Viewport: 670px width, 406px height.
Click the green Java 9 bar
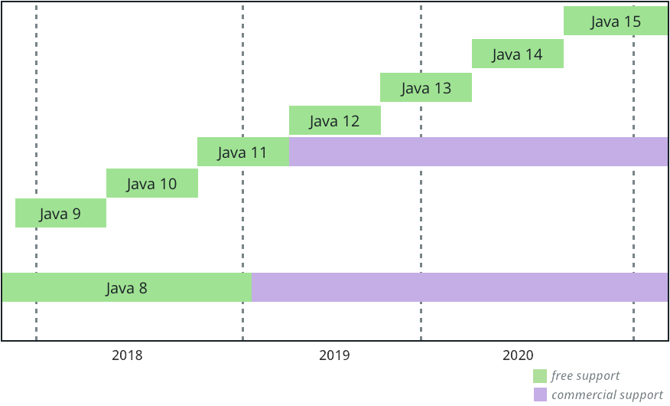pyautogui.click(x=60, y=213)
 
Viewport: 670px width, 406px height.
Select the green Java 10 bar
pyautogui.click(x=151, y=184)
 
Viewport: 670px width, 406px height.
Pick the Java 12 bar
pyautogui.click(x=334, y=120)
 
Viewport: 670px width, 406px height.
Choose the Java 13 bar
pyautogui.click(x=425, y=87)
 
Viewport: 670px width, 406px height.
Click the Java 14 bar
pyautogui.click(x=517, y=54)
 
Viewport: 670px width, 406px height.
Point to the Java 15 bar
pyautogui.click(x=615, y=21)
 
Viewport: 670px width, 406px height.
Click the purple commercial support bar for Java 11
pyautogui.click(x=478, y=152)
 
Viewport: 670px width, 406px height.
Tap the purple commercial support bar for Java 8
pyautogui.click(x=459, y=287)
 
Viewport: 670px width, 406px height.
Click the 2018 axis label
pyautogui.click(x=127, y=355)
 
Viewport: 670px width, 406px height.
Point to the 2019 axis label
pyautogui.click(x=334, y=355)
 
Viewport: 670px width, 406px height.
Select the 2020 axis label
pyautogui.click(x=518, y=355)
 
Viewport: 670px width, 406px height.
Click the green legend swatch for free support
pyautogui.click(x=540, y=376)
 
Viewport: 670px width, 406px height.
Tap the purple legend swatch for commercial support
pyautogui.click(x=540, y=395)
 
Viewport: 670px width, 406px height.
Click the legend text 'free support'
pyautogui.click(x=585, y=376)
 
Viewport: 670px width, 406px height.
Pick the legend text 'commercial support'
pyautogui.click(x=607, y=395)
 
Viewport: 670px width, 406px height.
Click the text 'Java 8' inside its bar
pyautogui.click(x=126, y=288)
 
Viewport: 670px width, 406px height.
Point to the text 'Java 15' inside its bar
pyautogui.click(x=615, y=21)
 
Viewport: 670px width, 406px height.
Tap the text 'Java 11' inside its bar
pyautogui.click(x=242, y=152)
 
